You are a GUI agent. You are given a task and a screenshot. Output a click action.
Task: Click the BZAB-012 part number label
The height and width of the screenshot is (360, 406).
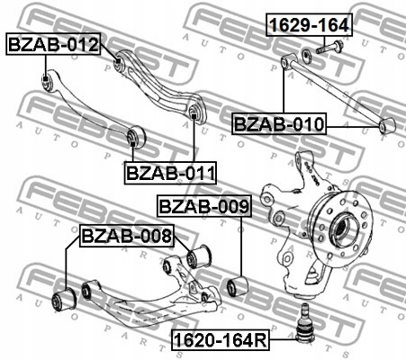[52, 44]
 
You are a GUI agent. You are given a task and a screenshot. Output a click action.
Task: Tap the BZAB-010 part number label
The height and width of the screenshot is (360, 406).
[279, 122]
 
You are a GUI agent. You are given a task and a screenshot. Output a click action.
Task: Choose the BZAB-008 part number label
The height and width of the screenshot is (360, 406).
[126, 236]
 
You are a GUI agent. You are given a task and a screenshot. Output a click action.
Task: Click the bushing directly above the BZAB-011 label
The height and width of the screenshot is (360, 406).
[136, 136]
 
